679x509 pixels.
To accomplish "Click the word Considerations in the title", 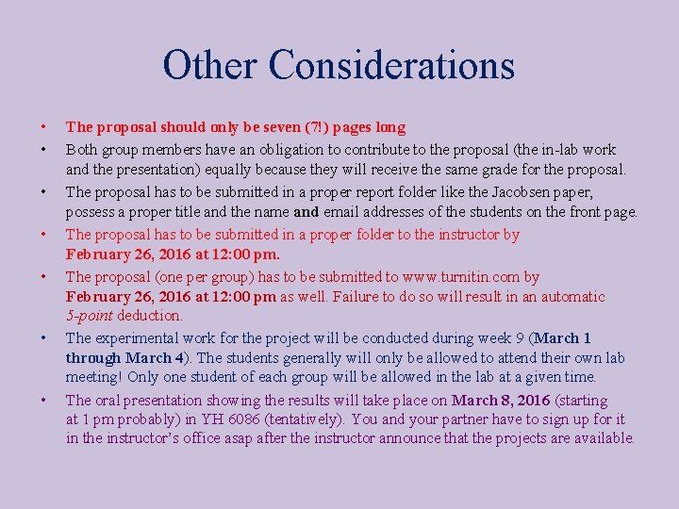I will pos(391,65).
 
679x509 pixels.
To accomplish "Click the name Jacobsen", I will pos(522,191).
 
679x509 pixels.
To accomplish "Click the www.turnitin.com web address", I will pos(461,277).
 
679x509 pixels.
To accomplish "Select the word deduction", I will pos(152,316).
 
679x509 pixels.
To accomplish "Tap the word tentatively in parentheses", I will pos(320,419).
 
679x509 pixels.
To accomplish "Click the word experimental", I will pos(138,337).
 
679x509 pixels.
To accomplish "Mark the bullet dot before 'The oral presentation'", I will pos(43,400).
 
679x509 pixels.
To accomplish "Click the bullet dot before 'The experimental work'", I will pos(43,337).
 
